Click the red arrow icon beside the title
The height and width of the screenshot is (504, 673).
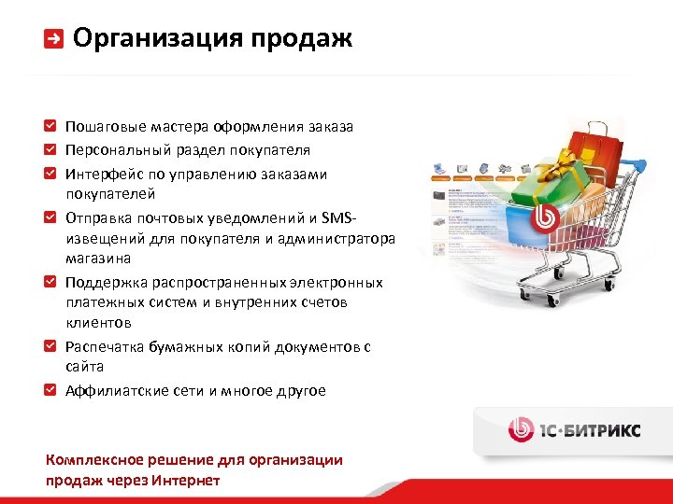[x=54, y=39]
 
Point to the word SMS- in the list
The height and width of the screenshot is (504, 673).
[x=337, y=217]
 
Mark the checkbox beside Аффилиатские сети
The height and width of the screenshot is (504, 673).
[x=50, y=390]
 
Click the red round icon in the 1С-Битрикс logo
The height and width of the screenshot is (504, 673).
[x=521, y=428]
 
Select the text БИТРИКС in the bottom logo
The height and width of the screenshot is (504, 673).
[x=602, y=429]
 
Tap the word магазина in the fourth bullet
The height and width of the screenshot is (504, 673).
[x=97, y=259]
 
